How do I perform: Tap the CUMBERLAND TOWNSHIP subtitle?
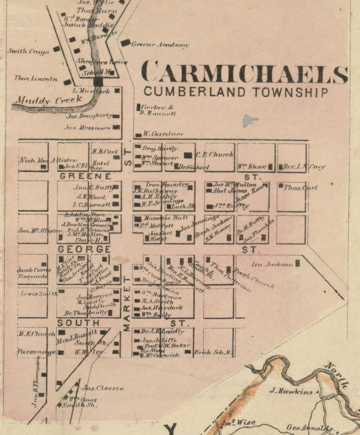coord(236,92)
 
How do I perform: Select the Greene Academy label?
coord(160,45)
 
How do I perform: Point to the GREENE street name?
coord(85,176)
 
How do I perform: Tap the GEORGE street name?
coord(84,249)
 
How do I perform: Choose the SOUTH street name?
coord(78,323)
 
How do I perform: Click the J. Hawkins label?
coord(291,391)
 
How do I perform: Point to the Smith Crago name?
coord(28,51)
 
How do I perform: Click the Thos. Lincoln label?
coord(36,79)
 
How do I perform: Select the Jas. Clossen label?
coord(103,388)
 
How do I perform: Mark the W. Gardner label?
coord(163,134)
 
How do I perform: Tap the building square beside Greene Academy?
coord(125,43)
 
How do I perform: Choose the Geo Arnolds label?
coord(309,428)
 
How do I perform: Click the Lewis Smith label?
coord(39,294)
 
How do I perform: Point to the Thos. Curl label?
coord(300,188)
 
